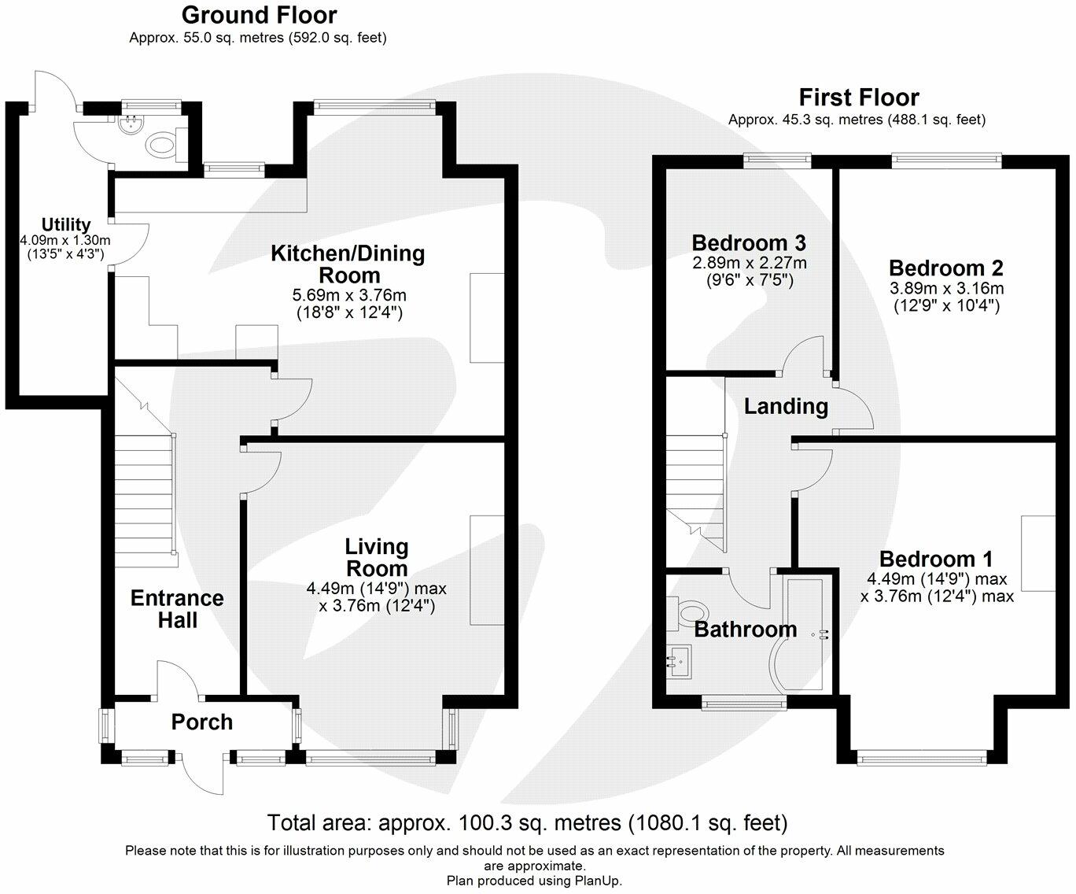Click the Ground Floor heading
(259, 15)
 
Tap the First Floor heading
(858, 98)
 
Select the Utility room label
(66, 225)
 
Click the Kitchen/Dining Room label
(348, 264)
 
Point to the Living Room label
(377, 557)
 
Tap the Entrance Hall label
(177, 609)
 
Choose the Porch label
(202, 722)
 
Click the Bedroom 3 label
(748, 242)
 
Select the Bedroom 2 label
(945, 268)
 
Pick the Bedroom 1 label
(936, 560)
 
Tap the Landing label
(786, 406)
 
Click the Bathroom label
(745, 630)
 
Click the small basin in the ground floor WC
(128, 124)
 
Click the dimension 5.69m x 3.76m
(349, 296)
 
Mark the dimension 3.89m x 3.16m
(945, 288)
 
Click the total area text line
(527, 823)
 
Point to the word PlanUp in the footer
(599, 881)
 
